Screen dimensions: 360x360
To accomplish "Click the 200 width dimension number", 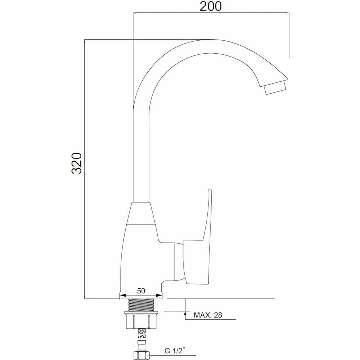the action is coord(211,6).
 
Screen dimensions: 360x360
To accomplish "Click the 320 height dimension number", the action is coord(77,163).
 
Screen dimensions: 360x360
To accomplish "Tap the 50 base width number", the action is coord(141,291).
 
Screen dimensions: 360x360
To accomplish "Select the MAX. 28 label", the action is coord(208,315).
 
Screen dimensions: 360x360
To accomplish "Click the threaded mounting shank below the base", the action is coord(141,305).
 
